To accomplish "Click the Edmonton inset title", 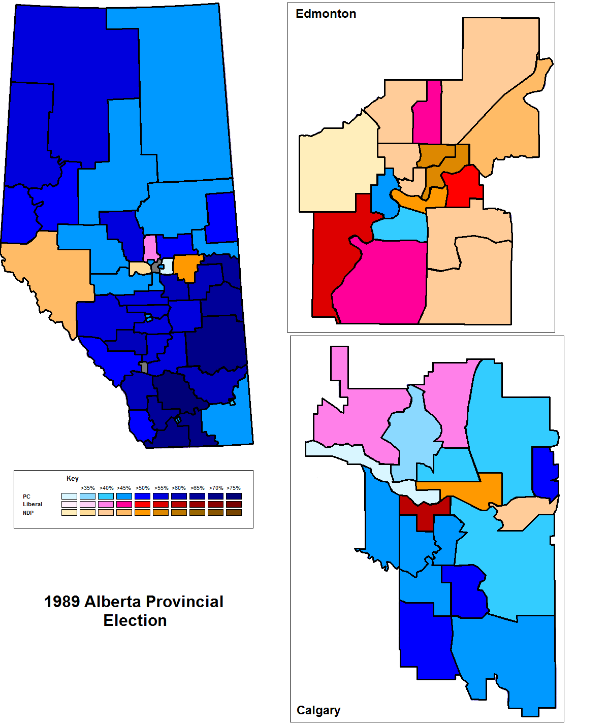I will [x=326, y=14].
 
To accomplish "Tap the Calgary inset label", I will [x=318, y=710].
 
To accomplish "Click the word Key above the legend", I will [x=73, y=478].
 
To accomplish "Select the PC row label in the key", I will [x=26, y=497].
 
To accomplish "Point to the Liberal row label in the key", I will [x=33, y=504].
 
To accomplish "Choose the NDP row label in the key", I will [x=28, y=513].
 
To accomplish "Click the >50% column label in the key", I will [x=143, y=488].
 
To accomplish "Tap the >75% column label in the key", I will [x=234, y=488].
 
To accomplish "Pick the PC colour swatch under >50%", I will [x=143, y=496].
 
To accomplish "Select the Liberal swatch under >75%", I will [x=234, y=504].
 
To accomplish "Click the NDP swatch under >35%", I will [x=87, y=513].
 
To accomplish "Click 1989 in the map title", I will [x=62, y=602].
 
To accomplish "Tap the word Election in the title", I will [x=135, y=621].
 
